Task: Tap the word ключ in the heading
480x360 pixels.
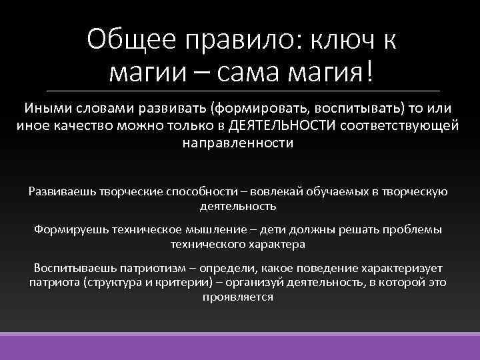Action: click(339, 41)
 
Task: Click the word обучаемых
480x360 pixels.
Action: click(339, 191)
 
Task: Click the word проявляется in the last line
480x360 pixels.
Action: click(237, 297)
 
